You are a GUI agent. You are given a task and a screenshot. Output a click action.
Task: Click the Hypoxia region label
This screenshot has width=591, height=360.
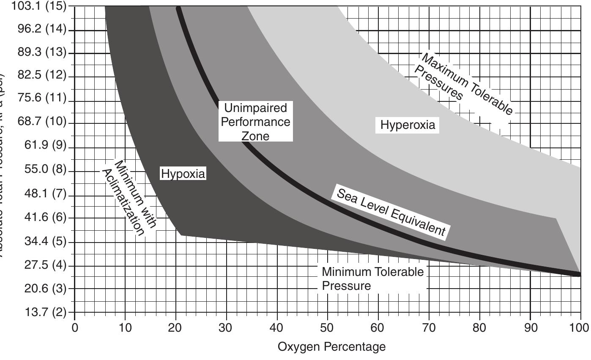coord(183,174)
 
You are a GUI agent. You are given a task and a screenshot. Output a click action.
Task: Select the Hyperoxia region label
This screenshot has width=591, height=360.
coord(408,125)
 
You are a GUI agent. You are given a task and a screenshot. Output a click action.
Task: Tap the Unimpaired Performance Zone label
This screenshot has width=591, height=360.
coord(255,122)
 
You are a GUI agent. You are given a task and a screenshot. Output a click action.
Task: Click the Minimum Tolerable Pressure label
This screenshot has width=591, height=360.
coord(372,278)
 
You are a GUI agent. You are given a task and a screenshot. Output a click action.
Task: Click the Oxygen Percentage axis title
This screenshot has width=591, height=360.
coord(331,347)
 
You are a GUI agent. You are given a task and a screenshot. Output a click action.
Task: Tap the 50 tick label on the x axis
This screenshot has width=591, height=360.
coord(328,328)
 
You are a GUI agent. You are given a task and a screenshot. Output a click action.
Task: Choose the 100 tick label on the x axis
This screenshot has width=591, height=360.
coord(580,328)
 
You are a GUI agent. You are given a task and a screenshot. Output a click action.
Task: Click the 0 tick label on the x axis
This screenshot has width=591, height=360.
coord(75,328)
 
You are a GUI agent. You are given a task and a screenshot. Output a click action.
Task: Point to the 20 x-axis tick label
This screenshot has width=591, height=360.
coord(176,328)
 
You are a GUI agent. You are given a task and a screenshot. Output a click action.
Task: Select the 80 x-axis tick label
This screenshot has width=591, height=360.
coord(479,328)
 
